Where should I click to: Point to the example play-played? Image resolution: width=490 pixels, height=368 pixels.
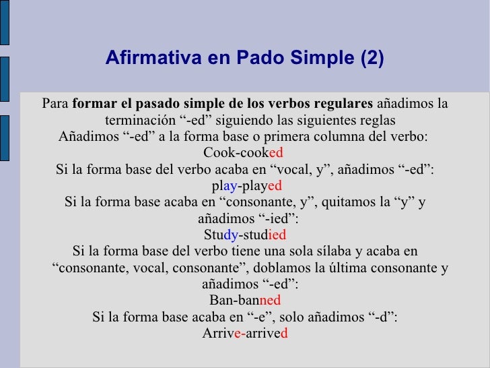[x=246, y=185]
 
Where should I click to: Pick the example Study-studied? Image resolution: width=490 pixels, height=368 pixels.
[x=245, y=235]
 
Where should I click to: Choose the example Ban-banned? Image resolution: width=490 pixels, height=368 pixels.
[x=245, y=301]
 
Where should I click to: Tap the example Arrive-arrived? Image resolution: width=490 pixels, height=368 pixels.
[x=245, y=333]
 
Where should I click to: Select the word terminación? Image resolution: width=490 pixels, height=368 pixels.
[x=137, y=121]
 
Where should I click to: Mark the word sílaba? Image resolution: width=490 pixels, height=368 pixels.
[x=330, y=252]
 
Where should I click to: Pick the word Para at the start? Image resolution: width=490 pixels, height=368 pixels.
[x=55, y=104]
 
